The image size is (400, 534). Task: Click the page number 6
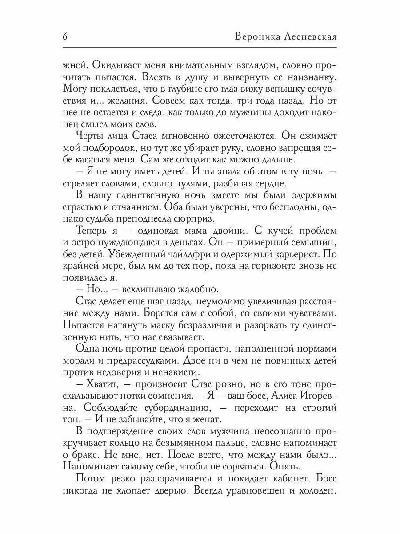click(65, 36)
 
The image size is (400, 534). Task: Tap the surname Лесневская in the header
click(311, 36)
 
